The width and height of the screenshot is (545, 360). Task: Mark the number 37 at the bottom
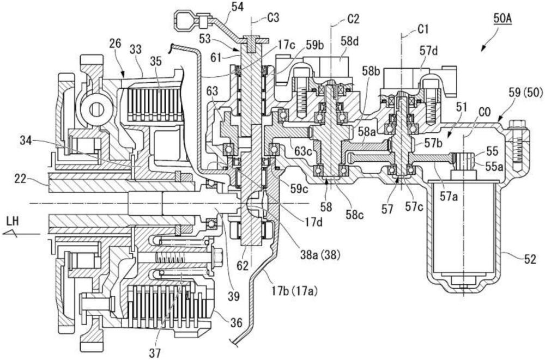[156, 352]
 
